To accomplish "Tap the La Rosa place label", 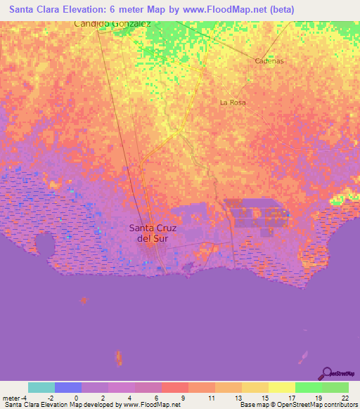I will click(x=233, y=103).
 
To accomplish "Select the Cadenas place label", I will click(x=269, y=61).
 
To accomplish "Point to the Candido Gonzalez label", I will click(x=112, y=24).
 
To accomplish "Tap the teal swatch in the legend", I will click(x=41, y=387).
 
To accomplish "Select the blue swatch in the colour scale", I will click(x=68, y=387).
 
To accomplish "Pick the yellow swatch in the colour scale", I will click(x=282, y=387).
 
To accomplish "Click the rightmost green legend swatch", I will click(x=335, y=387).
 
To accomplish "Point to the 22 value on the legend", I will click(x=345, y=398).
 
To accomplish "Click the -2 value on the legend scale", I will click(x=51, y=398).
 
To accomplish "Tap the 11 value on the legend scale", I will click(x=211, y=398).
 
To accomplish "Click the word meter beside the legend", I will click(x=11, y=398).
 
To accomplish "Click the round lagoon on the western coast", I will click(x=44, y=245).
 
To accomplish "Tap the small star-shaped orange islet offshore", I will click(x=84, y=300).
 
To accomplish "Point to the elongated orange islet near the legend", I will click(x=118, y=358).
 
